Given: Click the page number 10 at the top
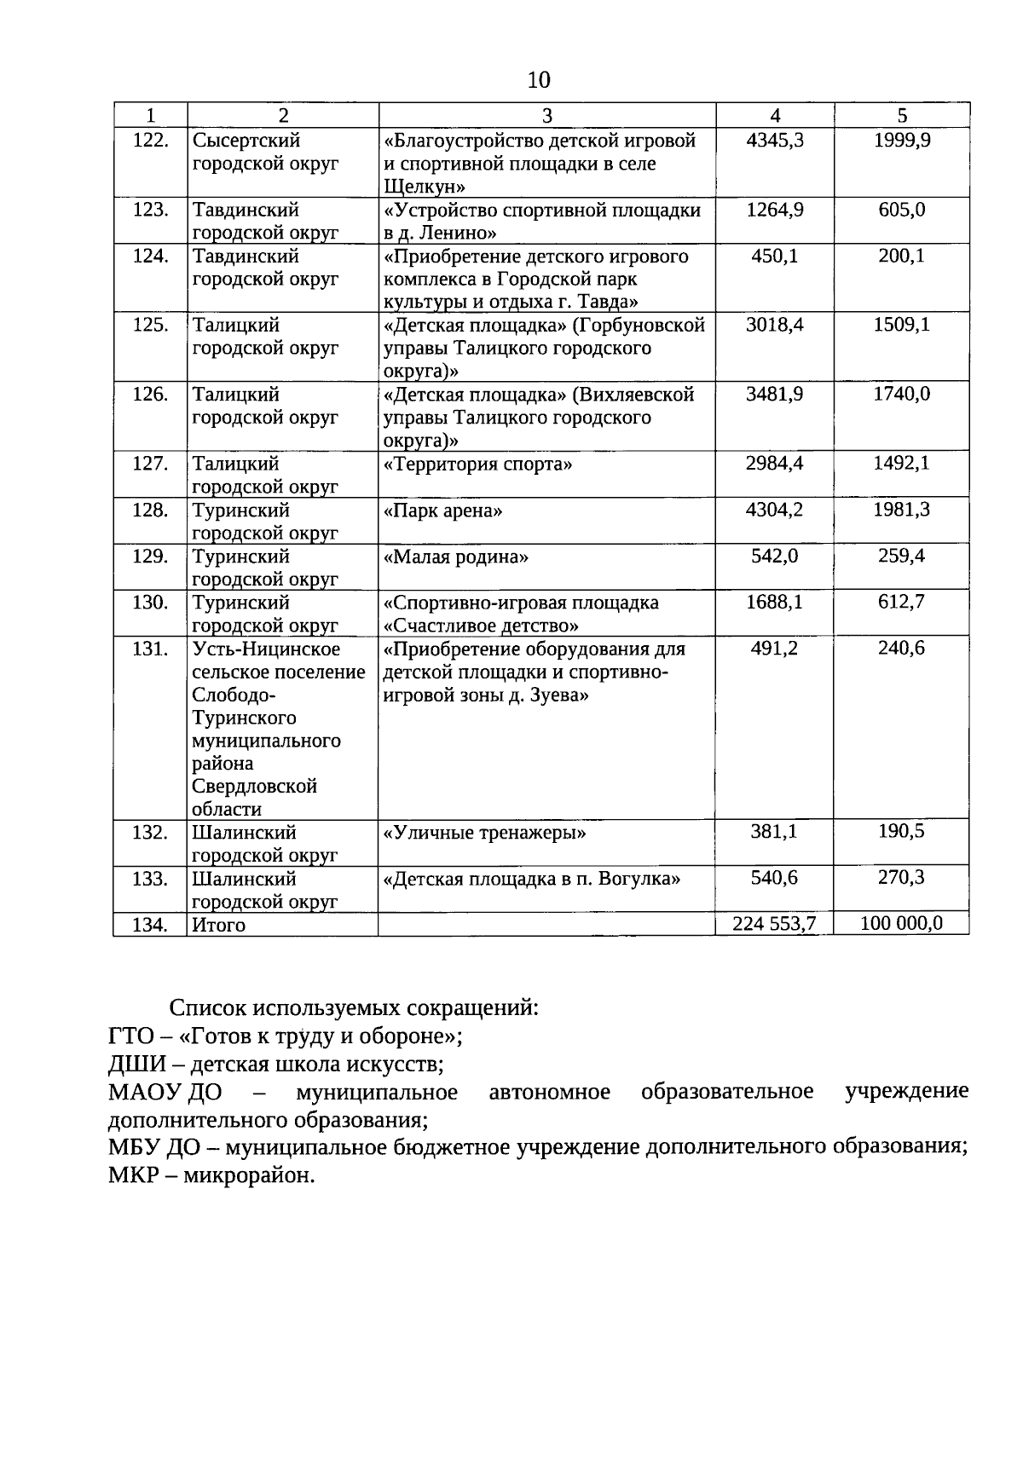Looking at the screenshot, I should (540, 80).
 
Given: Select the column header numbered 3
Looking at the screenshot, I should (546, 116).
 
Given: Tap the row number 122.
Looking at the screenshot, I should (151, 140).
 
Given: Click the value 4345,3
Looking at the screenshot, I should (774, 140).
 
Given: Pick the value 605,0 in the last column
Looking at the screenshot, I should (901, 210).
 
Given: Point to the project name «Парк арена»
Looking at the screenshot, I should (443, 511).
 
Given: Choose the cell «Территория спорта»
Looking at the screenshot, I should (478, 465).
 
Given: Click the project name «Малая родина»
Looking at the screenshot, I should (456, 557).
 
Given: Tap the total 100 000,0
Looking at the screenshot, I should (901, 923).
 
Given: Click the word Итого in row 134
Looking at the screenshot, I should (219, 925).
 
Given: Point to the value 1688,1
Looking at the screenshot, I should (774, 603).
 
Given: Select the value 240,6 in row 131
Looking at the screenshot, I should (901, 649).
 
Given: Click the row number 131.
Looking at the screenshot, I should (151, 649).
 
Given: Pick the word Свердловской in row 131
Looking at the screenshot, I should (255, 787).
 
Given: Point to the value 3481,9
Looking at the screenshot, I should (774, 395).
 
